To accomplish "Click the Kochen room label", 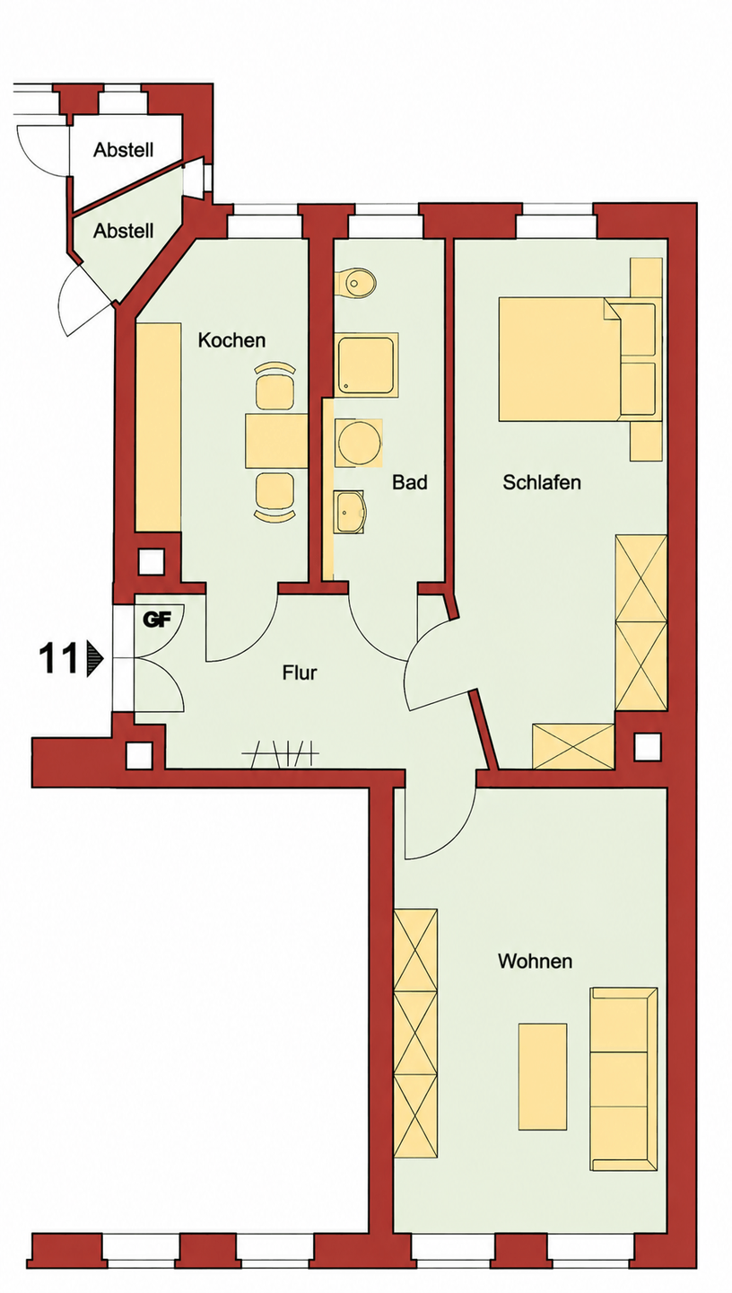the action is pos(231,340).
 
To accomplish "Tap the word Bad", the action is pos(410,482).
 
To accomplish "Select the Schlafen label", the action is pos(542,482).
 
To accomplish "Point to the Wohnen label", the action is pos(536,961).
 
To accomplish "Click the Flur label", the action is pos(300,673).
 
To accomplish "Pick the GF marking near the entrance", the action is pos(158,620).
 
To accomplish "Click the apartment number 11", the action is pos(57,659).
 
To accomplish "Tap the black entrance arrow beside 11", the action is pos(94,659).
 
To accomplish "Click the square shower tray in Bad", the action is pos(366,365).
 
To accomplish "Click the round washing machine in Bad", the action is pos(359,442).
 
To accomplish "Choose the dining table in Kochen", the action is pos(275,440).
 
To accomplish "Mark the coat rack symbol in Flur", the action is pos(280,753).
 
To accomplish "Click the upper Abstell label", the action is pos(124,150).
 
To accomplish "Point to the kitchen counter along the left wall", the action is pos(158,427).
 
